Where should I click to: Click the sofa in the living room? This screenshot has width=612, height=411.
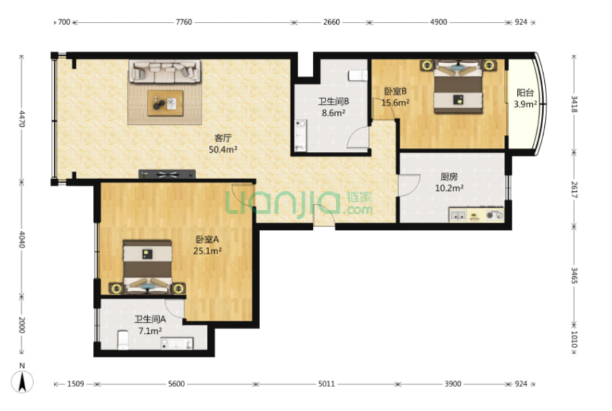click(165, 71)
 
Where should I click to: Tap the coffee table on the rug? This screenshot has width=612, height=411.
click(165, 103)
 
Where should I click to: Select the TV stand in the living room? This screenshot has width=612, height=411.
click(167, 174)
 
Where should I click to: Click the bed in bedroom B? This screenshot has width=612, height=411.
click(458, 86)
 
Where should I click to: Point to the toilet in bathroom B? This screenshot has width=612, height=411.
click(358, 75)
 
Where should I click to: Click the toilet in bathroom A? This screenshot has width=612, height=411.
click(123, 340)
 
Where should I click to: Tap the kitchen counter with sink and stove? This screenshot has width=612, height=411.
click(477, 214)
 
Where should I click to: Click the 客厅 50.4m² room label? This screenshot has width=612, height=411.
click(223, 143)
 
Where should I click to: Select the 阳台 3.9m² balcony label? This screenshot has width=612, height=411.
click(525, 98)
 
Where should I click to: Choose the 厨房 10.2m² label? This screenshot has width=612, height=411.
click(450, 182)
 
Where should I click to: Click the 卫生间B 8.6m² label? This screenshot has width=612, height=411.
click(334, 108)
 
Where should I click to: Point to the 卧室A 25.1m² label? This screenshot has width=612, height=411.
click(208, 245)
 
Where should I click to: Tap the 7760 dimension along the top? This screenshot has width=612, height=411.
click(184, 22)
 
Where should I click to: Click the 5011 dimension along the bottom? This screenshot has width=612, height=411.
click(326, 384)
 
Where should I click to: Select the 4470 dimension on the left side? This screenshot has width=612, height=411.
click(22, 119)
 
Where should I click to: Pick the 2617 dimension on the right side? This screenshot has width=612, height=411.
click(574, 189)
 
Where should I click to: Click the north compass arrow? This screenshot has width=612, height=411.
click(23, 381)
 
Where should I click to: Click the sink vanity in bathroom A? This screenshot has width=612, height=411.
click(177, 343)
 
